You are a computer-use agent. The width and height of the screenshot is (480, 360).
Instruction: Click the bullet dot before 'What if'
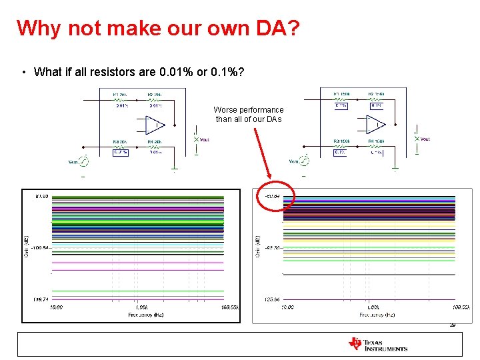(23, 72)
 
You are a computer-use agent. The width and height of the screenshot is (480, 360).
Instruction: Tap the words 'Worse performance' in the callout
(249, 110)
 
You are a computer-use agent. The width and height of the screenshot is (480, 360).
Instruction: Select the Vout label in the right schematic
(425, 139)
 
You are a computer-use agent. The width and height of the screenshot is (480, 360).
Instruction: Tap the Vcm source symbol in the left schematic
(84, 161)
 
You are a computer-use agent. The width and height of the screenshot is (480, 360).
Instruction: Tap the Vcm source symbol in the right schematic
(304, 161)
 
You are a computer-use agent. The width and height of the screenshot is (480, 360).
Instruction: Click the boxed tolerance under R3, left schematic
(120, 152)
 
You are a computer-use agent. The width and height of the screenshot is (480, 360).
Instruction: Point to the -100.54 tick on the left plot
(39, 248)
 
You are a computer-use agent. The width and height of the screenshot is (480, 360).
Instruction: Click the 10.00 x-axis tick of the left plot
(55, 307)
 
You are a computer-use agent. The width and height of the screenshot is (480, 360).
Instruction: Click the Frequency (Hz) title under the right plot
(377, 314)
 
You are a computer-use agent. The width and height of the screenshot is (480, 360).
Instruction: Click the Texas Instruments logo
(377, 344)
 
